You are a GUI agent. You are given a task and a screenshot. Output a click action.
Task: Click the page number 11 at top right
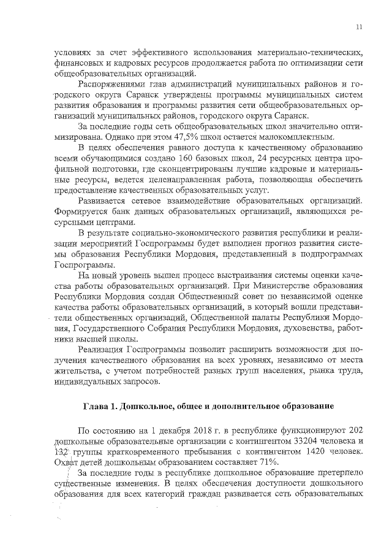coord(359,26)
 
